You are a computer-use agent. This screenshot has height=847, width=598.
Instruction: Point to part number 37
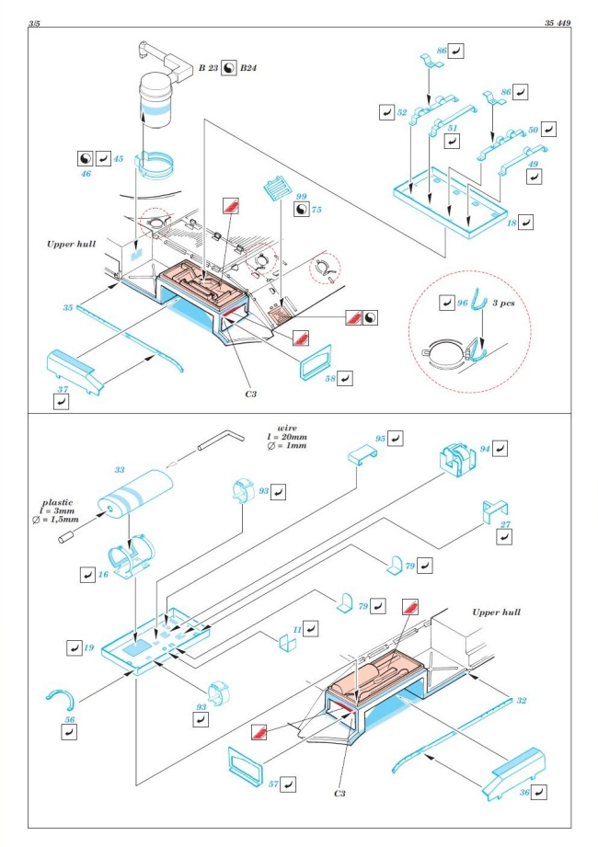(63, 390)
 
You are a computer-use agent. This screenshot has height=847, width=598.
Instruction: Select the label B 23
(213, 67)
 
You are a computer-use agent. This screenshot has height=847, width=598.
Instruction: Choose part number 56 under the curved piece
(69, 719)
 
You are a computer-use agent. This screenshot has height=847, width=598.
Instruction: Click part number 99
(300, 198)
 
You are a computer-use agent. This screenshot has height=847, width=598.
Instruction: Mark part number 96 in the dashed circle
(464, 302)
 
